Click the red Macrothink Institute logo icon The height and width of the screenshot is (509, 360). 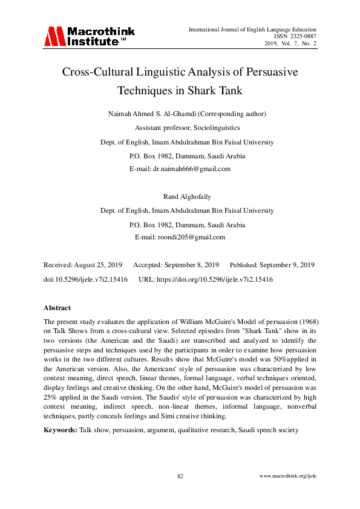click(x=53, y=36)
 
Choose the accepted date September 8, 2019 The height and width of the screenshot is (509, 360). click(x=189, y=265)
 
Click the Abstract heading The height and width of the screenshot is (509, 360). click(x=57, y=308)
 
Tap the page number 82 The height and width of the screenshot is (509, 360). click(x=180, y=476)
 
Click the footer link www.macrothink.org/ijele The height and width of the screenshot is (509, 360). click(x=288, y=476)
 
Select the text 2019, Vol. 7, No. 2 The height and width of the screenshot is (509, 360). click(x=290, y=44)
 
